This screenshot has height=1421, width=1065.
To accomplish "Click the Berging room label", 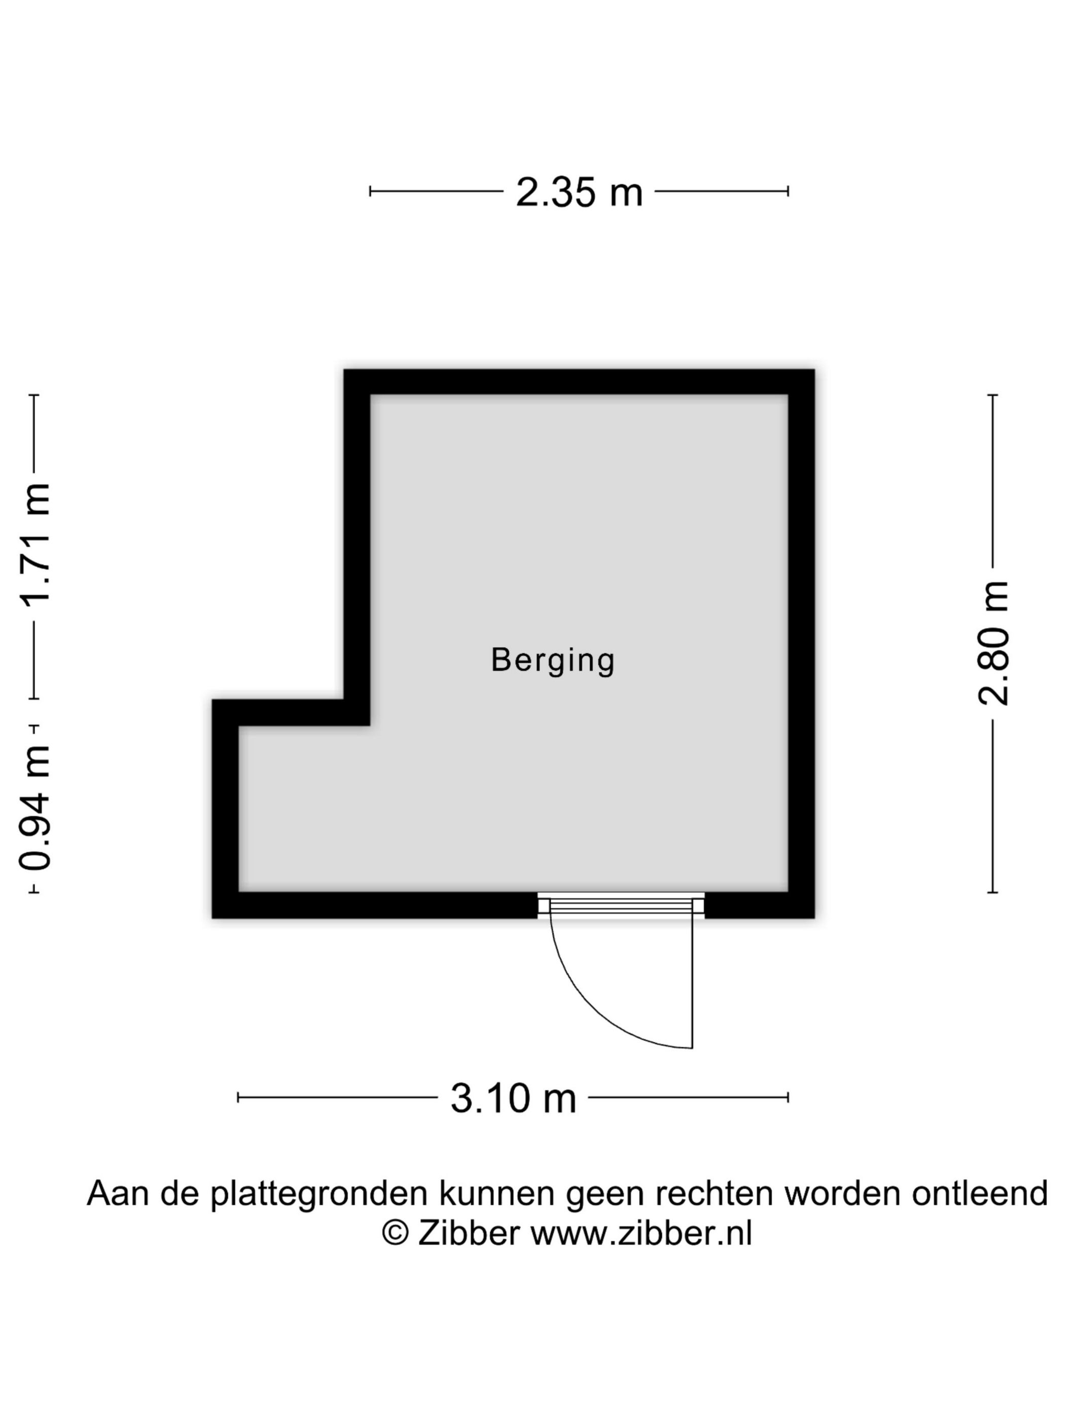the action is point(553,660).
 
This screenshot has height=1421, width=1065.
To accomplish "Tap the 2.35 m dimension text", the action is point(579,192).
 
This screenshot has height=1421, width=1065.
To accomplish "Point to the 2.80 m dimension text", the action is point(992,643).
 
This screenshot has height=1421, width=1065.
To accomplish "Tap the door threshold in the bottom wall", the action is point(621,906).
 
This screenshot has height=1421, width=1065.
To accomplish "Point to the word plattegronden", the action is point(319,1194).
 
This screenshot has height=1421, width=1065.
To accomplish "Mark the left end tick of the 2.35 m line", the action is point(370,191).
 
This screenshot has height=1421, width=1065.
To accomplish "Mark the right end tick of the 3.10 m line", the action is point(788,1097).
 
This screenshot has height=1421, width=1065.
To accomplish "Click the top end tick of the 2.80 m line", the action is point(992,394).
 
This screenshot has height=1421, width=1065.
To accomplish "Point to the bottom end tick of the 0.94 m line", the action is point(34,892).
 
